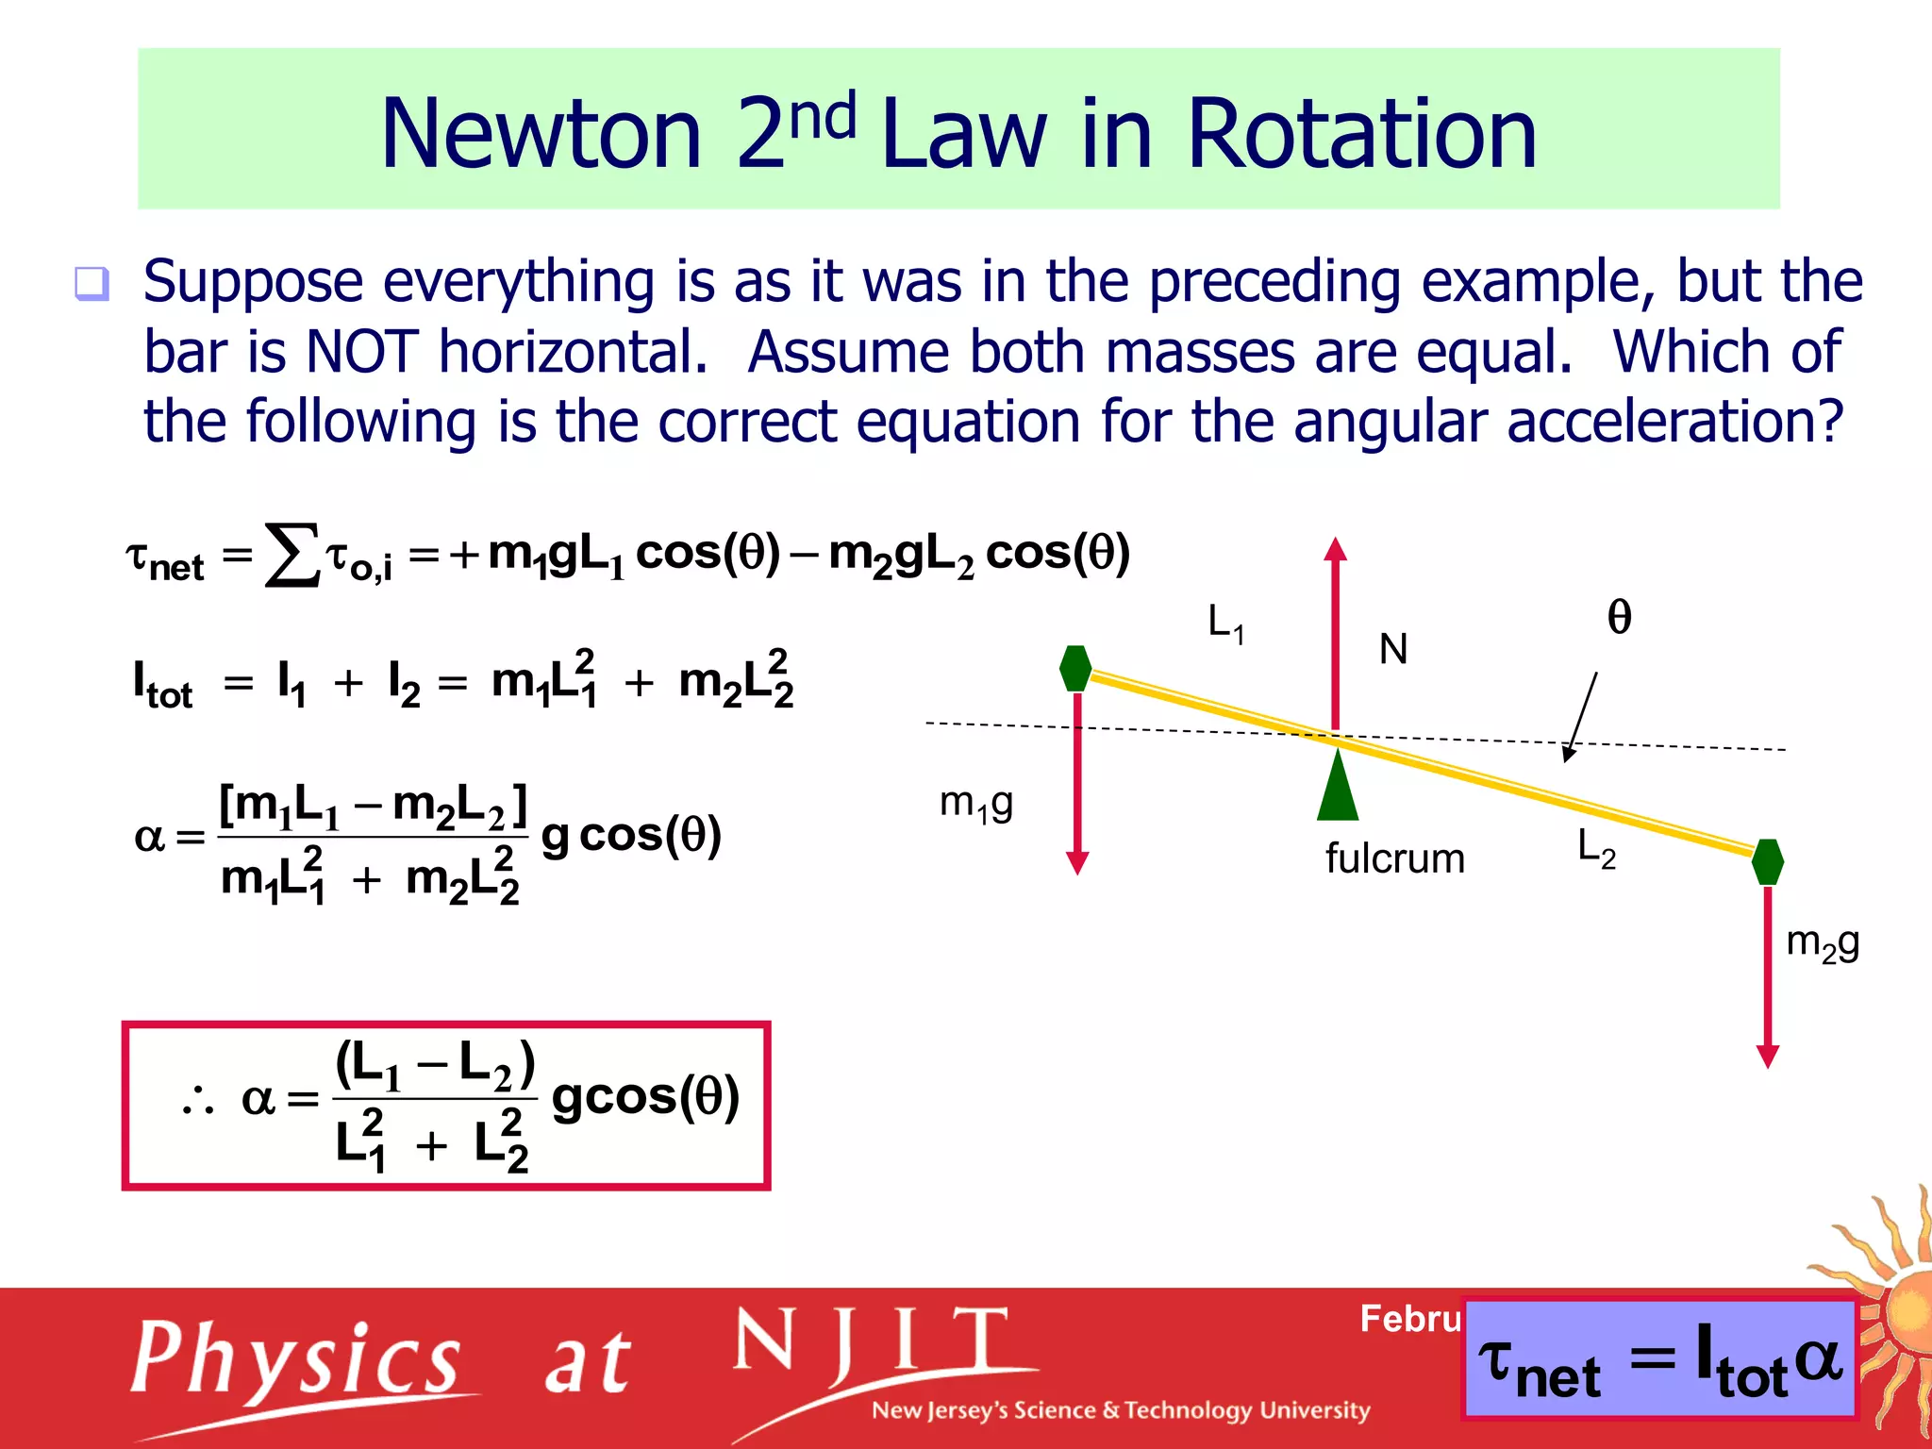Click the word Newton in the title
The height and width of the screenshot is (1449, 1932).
point(541,134)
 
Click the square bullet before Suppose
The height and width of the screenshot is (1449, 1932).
point(92,283)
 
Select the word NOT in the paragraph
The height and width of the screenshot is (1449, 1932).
point(361,352)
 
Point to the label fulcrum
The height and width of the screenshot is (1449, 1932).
point(1394,858)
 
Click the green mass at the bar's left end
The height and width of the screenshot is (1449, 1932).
point(1075,668)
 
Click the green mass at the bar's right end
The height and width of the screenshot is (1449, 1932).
point(1768,861)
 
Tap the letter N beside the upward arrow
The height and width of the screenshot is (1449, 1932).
point(1393,649)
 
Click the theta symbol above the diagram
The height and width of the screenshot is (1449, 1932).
point(1619,617)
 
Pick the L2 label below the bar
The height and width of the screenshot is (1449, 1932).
point(1596,848)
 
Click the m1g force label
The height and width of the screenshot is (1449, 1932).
point(976,804)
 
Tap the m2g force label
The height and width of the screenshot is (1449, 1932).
point(1823,942)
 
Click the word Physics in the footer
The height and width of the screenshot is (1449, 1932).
point(296,1358)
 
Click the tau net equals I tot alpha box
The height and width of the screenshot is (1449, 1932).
point(1658,1359)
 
